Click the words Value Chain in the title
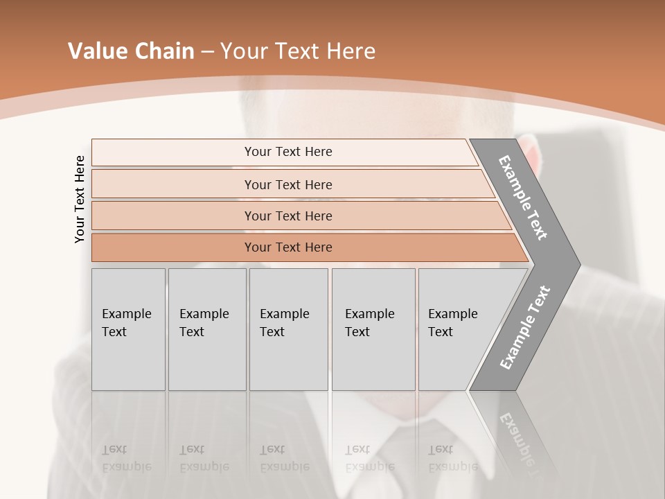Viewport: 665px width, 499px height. click(x=131, y=51)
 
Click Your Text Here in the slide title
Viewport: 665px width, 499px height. click(x=298, y=51)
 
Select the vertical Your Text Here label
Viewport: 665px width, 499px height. click(x=80, y=199)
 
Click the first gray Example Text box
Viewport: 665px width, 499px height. click(x=128, y=329)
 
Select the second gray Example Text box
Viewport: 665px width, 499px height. click(x=206, y=329)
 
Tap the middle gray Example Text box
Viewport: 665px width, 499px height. click(x=288, y=329)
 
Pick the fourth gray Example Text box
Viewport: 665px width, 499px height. click(x=373, y=329)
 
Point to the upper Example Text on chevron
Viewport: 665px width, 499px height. click(x=524, y=197)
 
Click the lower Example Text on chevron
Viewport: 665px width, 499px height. click(x=525, y=327)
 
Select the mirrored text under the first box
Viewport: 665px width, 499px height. click(x=127, y=458)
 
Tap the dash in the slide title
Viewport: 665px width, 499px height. click(x=207, y=52)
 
